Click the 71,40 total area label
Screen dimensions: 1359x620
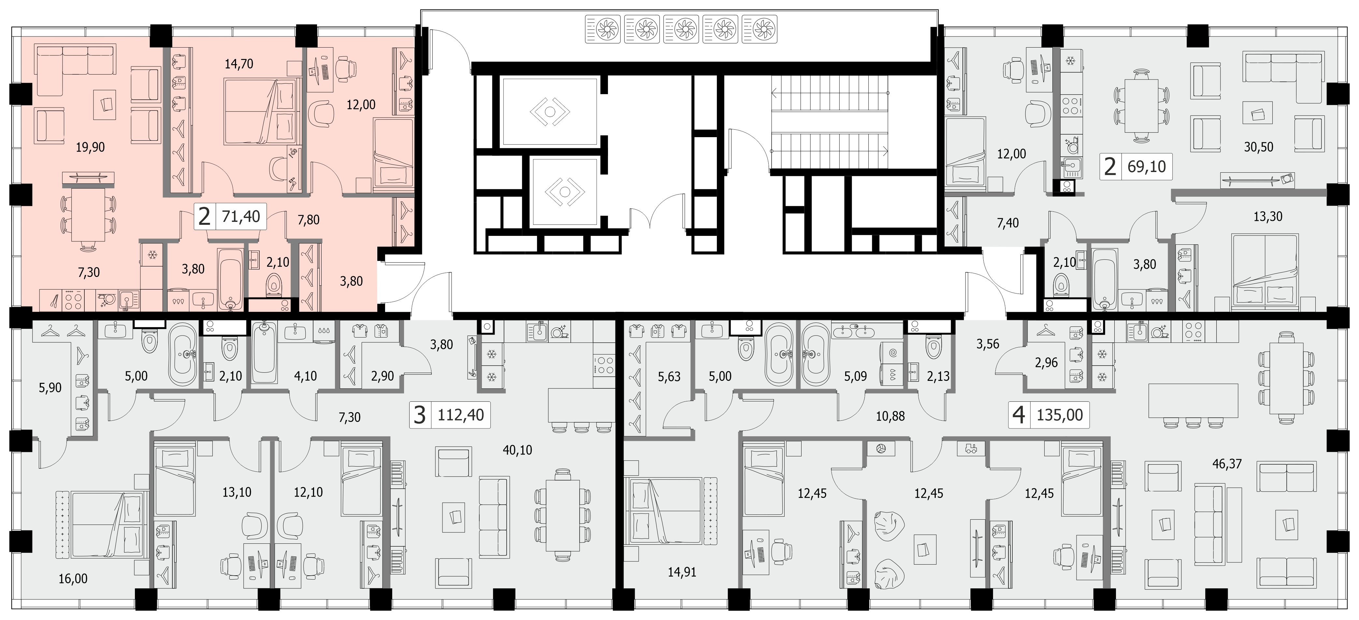click(x=241, y=216)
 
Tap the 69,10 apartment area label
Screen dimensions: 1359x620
click(x=1146, y=167)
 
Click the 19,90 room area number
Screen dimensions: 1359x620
click(x=90, y=147)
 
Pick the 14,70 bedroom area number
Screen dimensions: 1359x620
click(x=239, y=64)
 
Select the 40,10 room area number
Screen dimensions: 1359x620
click(x=517, y=450)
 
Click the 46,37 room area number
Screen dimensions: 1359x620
click(x=1227, y=464)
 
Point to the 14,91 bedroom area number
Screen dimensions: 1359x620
click(x=682, y=572)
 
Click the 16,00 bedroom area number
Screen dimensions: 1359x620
click(x=73, y=579)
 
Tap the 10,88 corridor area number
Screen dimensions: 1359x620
click(x=890, y=416)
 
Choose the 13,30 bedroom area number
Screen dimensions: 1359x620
click(x=1268, y=216)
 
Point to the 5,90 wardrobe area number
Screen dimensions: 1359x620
click(x=51, y=388)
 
